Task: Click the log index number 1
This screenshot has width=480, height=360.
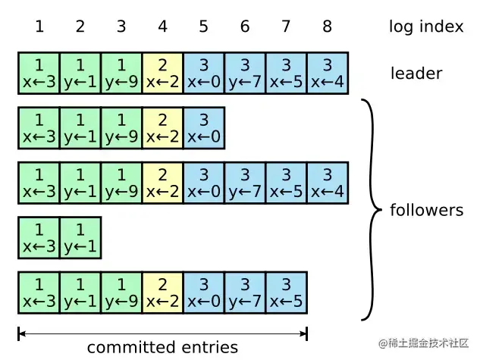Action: (x=39, y=27)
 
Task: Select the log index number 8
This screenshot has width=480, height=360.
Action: (x=327, y=27)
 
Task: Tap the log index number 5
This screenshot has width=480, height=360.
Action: (x=203, y=27)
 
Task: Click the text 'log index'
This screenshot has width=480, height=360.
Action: (x=425, y=27)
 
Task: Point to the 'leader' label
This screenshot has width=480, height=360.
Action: (x=416, y=74)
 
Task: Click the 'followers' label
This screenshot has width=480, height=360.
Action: (x=426, y=210)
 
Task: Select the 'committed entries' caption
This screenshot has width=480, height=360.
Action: (x=162, y=348)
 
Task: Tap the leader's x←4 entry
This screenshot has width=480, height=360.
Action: (x=327, y=73)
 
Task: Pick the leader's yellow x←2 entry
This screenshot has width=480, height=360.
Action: (x=162, y=73)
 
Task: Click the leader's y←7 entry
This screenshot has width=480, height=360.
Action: (x=245, y=73)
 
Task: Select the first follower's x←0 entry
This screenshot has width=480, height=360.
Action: (x=203, y=128)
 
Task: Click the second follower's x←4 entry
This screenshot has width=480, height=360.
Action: (x=327, y=183)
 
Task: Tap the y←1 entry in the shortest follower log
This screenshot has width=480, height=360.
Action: (x=80, y=237)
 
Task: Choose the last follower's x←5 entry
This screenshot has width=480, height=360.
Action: (x=286, y=293)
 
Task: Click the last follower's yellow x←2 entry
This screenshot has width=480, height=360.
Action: (x=162, y=293)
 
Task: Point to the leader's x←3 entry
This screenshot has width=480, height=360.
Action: (x=39, y=73)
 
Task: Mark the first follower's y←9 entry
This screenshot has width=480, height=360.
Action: (x=121, y=128)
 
